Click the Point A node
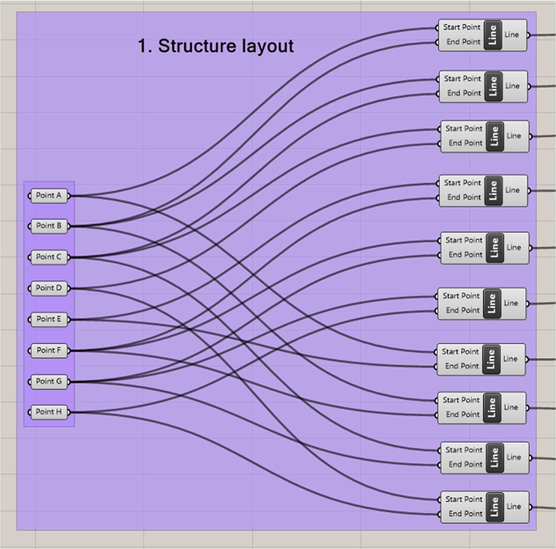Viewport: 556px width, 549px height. click(49, 196)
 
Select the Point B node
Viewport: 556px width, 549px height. click(49, 226)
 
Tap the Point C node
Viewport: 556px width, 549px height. click(49, 257)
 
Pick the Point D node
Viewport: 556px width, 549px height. click(49, 288)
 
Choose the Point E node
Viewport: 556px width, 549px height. click(49, 319)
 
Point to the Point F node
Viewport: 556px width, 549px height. click(49, 351)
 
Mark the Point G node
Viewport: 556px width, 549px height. click(49, 381)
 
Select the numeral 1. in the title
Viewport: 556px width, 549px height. click(145, 46)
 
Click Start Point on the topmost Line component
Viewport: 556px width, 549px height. click(461, 27)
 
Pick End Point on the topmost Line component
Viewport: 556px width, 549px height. click(463, 42)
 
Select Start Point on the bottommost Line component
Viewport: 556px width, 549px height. click(464, 499)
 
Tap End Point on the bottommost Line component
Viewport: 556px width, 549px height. click(465, 514)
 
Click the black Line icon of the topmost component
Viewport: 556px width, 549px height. click(493, 35)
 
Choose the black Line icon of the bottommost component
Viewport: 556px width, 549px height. click(494, 507)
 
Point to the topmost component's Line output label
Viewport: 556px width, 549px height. click(512, 35)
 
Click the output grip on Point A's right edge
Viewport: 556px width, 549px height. click(69, 196)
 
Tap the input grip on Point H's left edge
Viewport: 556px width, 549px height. click(29, 412)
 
